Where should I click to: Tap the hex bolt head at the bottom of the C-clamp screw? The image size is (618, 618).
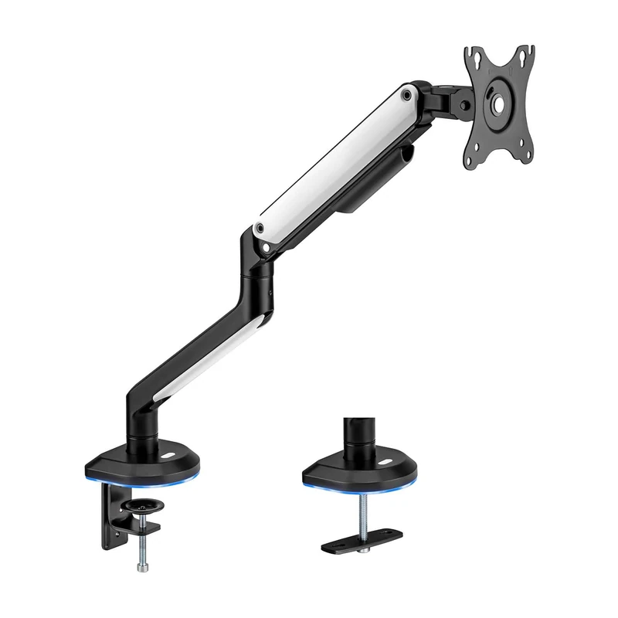pyautogui.click(x=144, y=547)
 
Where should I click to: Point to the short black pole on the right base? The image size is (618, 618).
pyautogui.click(x=359, y=436)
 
